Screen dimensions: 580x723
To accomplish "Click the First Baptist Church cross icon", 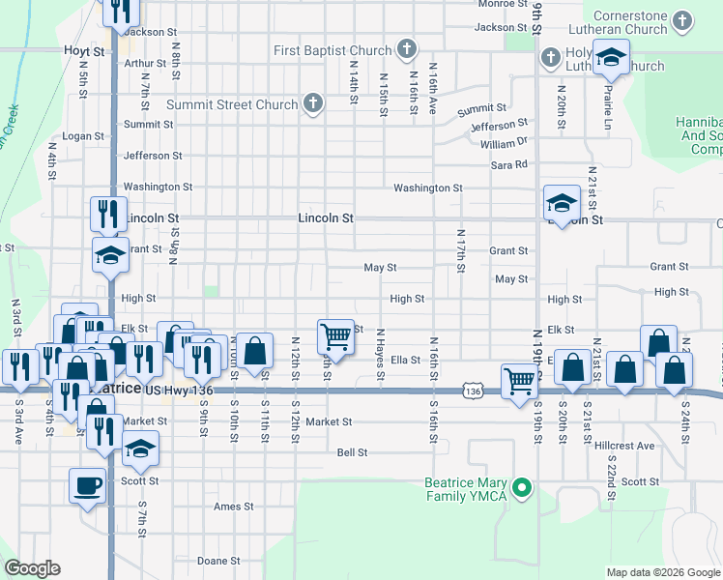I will pyautogui.click(x=407, y=49).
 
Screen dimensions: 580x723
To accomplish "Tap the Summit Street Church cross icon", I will pyautogui.click(x=312, y=103).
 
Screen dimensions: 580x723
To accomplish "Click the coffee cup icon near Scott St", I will pyautogui.click(x=87, y=484).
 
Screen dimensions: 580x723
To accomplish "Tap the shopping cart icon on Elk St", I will pyautogui.click(x=335, y=336).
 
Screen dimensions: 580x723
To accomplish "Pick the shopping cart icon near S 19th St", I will pyautogui.click(x=519, y=380).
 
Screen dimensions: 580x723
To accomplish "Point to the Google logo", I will pyautogui.click(x=32, y=568).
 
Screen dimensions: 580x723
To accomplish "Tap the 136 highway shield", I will pyautogui.click(x=472, y=391).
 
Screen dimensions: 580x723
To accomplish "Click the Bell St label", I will pyautogui.click(x=352, y=451).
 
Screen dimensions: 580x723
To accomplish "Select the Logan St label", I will pyautogui.click(x=84, y=136).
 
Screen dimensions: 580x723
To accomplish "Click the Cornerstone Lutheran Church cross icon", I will pyautogui.click(x=683, y=20).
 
